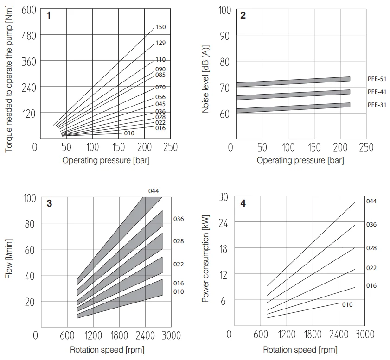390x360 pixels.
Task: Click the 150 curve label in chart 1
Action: click(160, 27)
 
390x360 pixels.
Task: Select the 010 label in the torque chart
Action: click(129, 133)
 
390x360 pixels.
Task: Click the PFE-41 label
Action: click(377, 92)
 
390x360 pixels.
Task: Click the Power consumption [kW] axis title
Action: click(205, 259)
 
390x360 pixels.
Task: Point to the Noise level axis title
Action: click(205, 79)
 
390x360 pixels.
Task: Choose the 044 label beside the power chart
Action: click(371, 201)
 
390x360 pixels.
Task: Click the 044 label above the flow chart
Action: click(154, 191)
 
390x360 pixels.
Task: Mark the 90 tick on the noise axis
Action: click(224, 36)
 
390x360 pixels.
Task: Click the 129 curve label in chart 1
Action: click(160, 43)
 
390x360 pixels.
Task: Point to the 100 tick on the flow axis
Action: click(29, 198)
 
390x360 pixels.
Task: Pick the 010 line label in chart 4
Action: click(347, 304)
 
